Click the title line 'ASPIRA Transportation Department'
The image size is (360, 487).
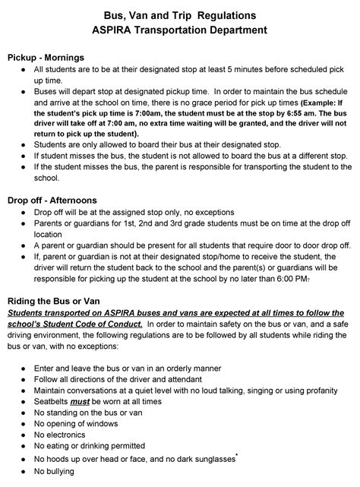point(179,31)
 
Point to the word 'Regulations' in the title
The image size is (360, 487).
point(234,15)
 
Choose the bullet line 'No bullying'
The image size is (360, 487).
point(54,471)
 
